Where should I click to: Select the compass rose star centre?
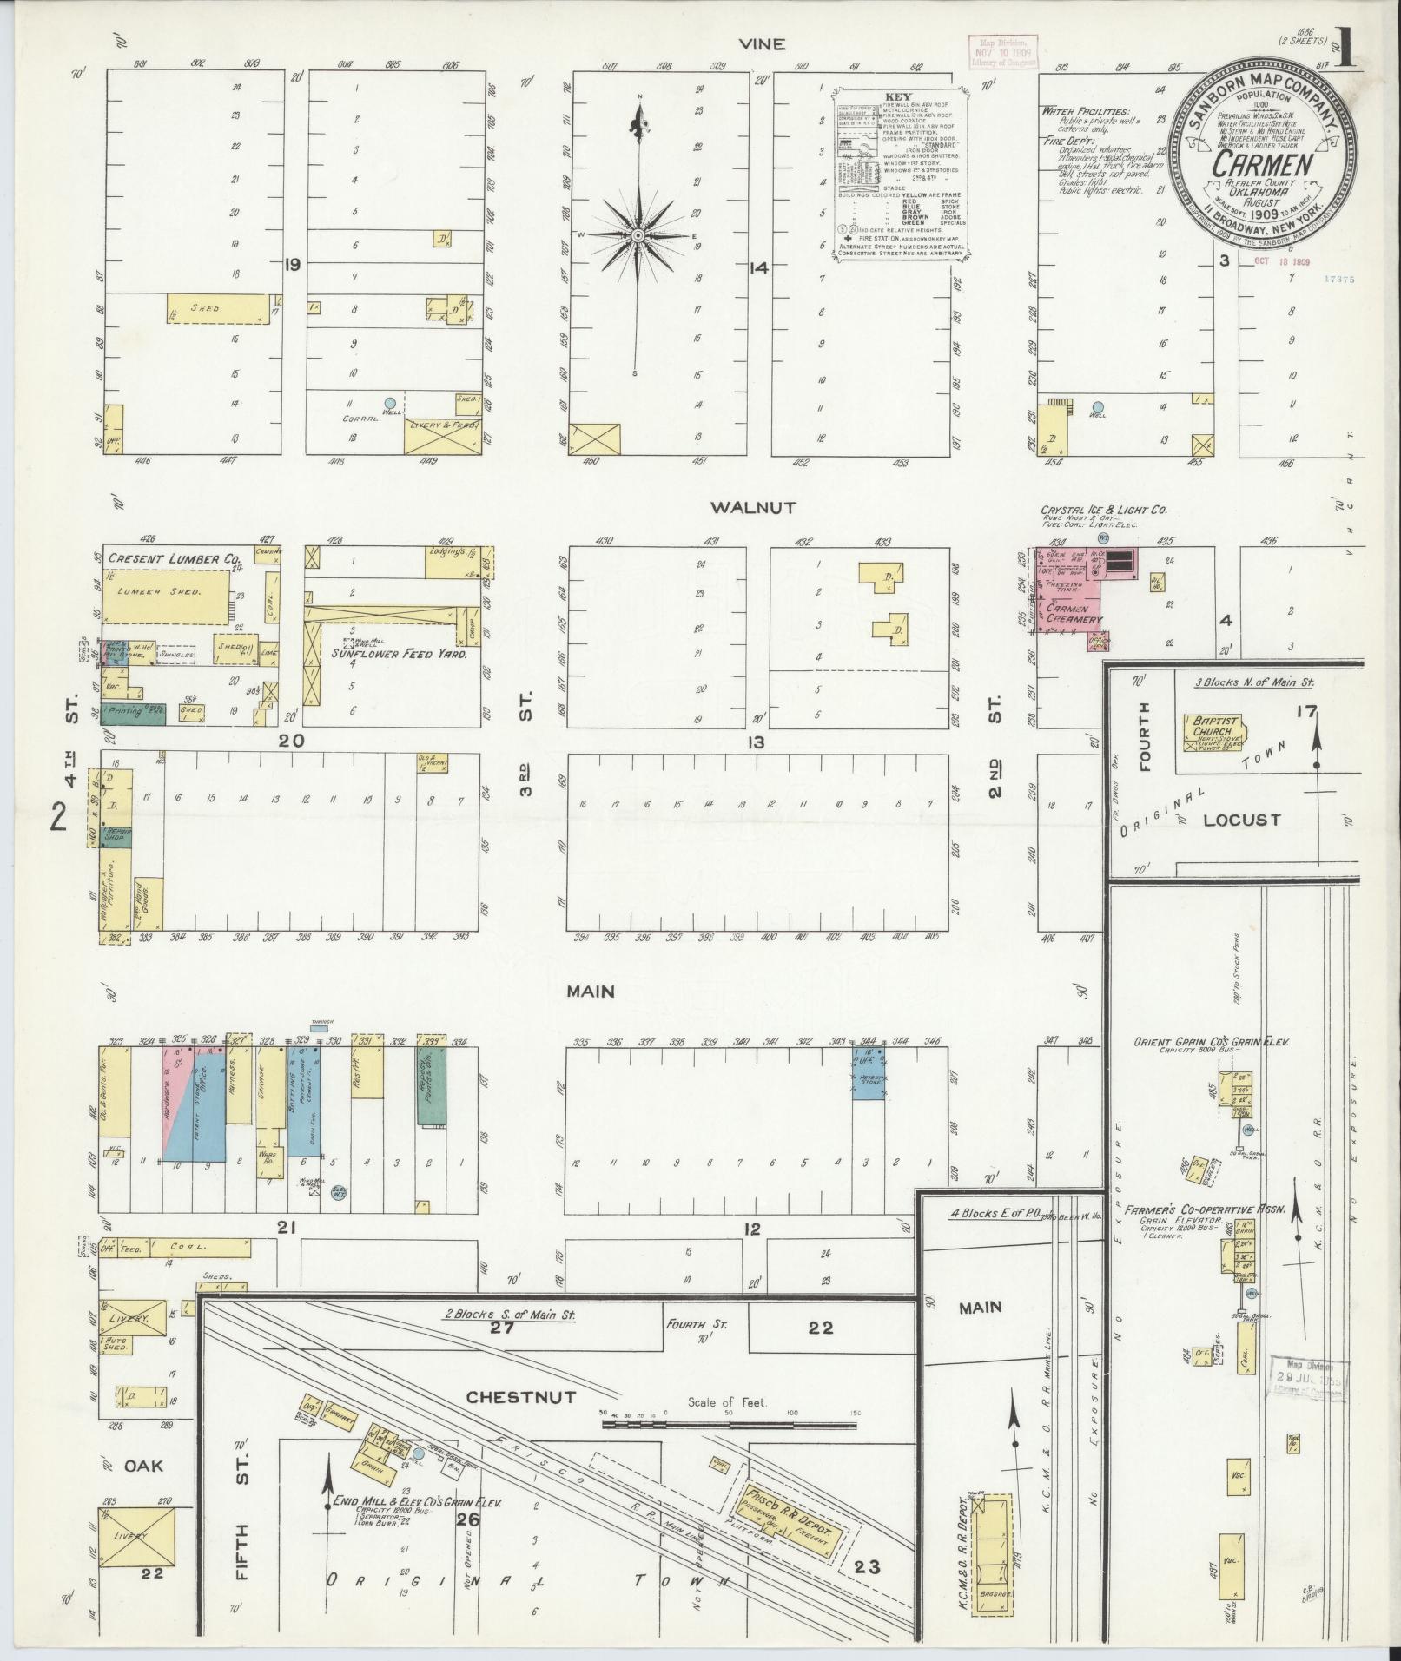(639, 235)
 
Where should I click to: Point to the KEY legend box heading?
(898, 97)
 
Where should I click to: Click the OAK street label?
(142, 1466)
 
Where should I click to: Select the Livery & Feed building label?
(443, 424)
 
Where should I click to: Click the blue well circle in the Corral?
(390, 403)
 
